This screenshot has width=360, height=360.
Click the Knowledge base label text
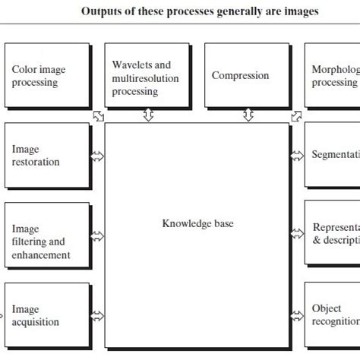coord(197,223)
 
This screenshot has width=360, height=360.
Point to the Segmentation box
coord(333,155)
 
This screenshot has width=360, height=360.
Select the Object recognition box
coord(333,315)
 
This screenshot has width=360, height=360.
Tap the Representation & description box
coord(333,235)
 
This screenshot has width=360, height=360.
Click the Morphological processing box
coord(333,75)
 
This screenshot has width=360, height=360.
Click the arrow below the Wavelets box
coord(148,115)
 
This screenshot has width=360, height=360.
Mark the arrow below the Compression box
coord(247,115)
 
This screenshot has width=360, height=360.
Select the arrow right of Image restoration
coord(97,156)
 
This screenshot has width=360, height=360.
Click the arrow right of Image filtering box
coord(97,236)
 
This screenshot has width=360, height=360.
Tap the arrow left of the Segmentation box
coord(297,156)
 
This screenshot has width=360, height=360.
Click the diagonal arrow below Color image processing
coord(97,115)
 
